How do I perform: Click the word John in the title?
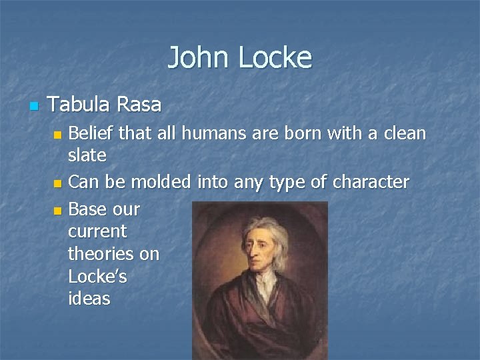pyautogui.click(x=197, y=57)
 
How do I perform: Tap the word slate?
pyautogui.click(x=87, y=155)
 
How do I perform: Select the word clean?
pyautogui.click(x=400, y=133)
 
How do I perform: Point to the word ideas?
pyautogui.click(x=89, y=299)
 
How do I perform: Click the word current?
pyautogui.click(x=97, y=231)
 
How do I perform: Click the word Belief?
pyautogui.click(x=93, y=133)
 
